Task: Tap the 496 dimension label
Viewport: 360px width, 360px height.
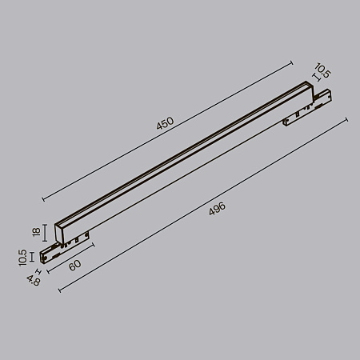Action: click(x=217, y=210)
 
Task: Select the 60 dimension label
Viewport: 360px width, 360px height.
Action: click(x=74, y=266)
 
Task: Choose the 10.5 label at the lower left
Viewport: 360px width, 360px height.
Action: click(x=22, y=256)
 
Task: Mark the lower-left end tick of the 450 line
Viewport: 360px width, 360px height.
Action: click(x=42, y=197)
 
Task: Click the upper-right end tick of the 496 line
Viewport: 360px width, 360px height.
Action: click(x=346, y=119)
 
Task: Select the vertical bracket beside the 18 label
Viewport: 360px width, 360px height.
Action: click(x=46, y=232)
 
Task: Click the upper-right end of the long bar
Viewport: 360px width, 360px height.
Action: click(x=307, y=86)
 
